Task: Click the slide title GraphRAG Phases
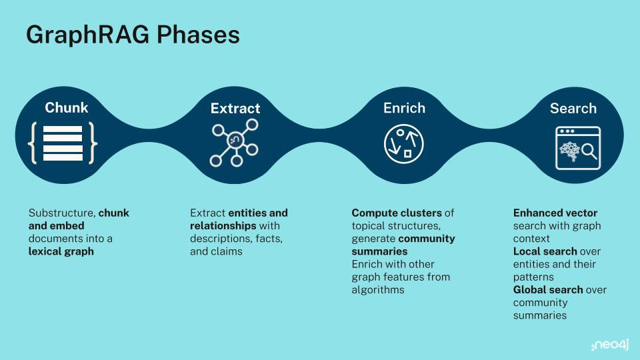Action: tap(133, 35)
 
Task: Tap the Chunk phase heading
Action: tap(67, 107)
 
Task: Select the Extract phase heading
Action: tap(235, 108)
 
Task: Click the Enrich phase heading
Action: tap(404, 108)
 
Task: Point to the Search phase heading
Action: tap(573, 108)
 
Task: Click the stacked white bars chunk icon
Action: tap(63, 143)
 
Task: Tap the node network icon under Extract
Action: tap(234, 143)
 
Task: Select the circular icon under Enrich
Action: tap(404, 144)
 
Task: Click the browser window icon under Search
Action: tap(578, 148)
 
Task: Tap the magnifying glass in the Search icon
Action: tap(589, 151)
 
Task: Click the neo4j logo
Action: tap(610, 345)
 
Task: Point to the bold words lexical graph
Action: tap(61, 251)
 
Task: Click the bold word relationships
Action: tap(223, 226)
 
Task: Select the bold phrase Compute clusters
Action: tap(397, 213)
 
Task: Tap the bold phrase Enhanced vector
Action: tap(555, 213)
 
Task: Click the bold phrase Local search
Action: tap(545, 251)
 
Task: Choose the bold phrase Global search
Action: tap(548, 290)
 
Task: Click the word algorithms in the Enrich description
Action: tap(378, 290)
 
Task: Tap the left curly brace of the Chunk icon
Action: tap(33, 143)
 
